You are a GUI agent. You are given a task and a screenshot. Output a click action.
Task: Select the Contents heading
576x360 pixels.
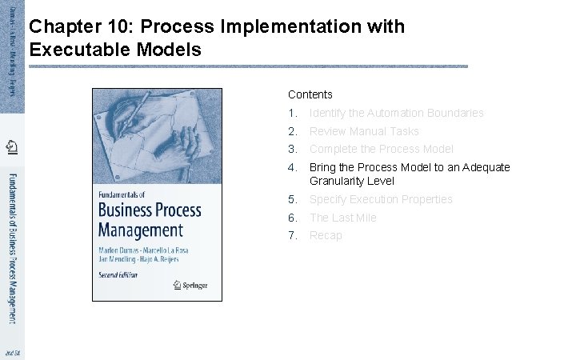pyautogui.click(x=310, y=94)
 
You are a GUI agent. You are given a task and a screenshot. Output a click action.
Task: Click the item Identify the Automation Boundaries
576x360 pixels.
pyautogui.click(x=396, y=113)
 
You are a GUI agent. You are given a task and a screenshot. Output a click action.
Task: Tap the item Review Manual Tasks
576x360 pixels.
pyautogui.click(x=364, y=131)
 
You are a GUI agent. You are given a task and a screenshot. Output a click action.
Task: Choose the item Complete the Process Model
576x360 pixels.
pyautogui.click(x=381, y=149)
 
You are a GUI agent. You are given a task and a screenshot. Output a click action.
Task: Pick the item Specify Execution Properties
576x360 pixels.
pyautogui.click(x=381, y=199)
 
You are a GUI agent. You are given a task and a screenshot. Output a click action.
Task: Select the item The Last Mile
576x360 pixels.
pyautogui.click(x=342, y=218)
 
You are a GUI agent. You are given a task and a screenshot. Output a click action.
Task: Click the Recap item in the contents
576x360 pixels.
pyautogui.click(x=326, y=235)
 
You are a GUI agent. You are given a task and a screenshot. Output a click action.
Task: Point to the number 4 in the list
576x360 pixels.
pyautogui.click(x=293, y=167)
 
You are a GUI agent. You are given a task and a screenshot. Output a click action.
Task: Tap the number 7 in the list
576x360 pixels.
pyautogui.click(x=293, y=235)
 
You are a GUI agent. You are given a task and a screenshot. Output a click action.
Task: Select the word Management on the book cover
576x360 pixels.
pyautogui.click(x=140, y=230)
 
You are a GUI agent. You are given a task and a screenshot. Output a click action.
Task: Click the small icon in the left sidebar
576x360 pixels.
pyautogui.click(x=12, y=146)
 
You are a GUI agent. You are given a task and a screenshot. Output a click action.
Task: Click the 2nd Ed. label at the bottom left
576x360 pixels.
pyautogui.click(x=12, y=352)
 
